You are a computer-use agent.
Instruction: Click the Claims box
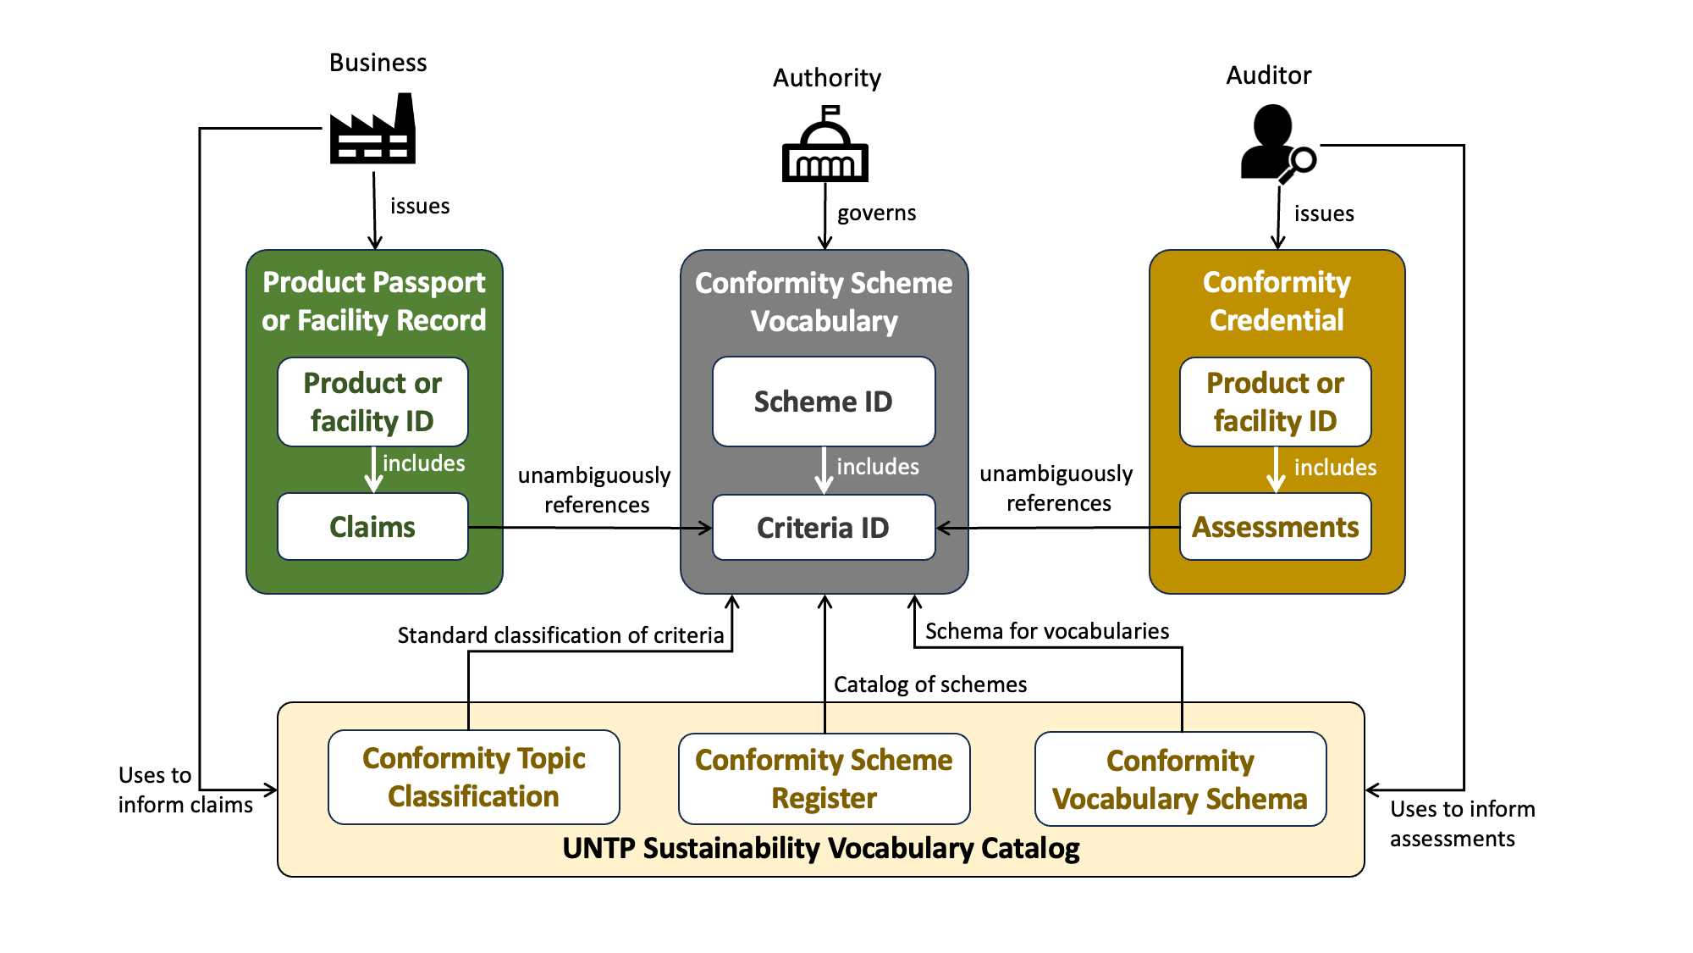coord(372,527)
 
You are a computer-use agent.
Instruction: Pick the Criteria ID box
coord(824,528)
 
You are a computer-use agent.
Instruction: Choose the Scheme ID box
coord(824,402)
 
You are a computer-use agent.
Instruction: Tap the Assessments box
coord(1275,527)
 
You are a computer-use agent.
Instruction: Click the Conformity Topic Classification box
coord(474,777)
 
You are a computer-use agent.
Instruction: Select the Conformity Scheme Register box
coord(824,778)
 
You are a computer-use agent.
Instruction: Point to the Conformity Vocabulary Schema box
coord(1180,779)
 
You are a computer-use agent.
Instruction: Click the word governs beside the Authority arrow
coord(876,213)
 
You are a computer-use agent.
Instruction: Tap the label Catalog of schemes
coord(929,684)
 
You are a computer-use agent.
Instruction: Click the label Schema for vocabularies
coord(1046,631)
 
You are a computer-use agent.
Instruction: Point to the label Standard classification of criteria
coord(560,635)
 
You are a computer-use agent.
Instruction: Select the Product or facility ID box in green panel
coord(372,402)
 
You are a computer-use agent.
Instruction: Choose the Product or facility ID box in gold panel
coord(1275,402)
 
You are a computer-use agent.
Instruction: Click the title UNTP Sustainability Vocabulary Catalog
coord(820,848)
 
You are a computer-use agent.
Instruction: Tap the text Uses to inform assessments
coord(1461,823)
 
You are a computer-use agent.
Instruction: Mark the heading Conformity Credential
coord(1277,301)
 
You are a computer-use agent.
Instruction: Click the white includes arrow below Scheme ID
coord(824,470)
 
